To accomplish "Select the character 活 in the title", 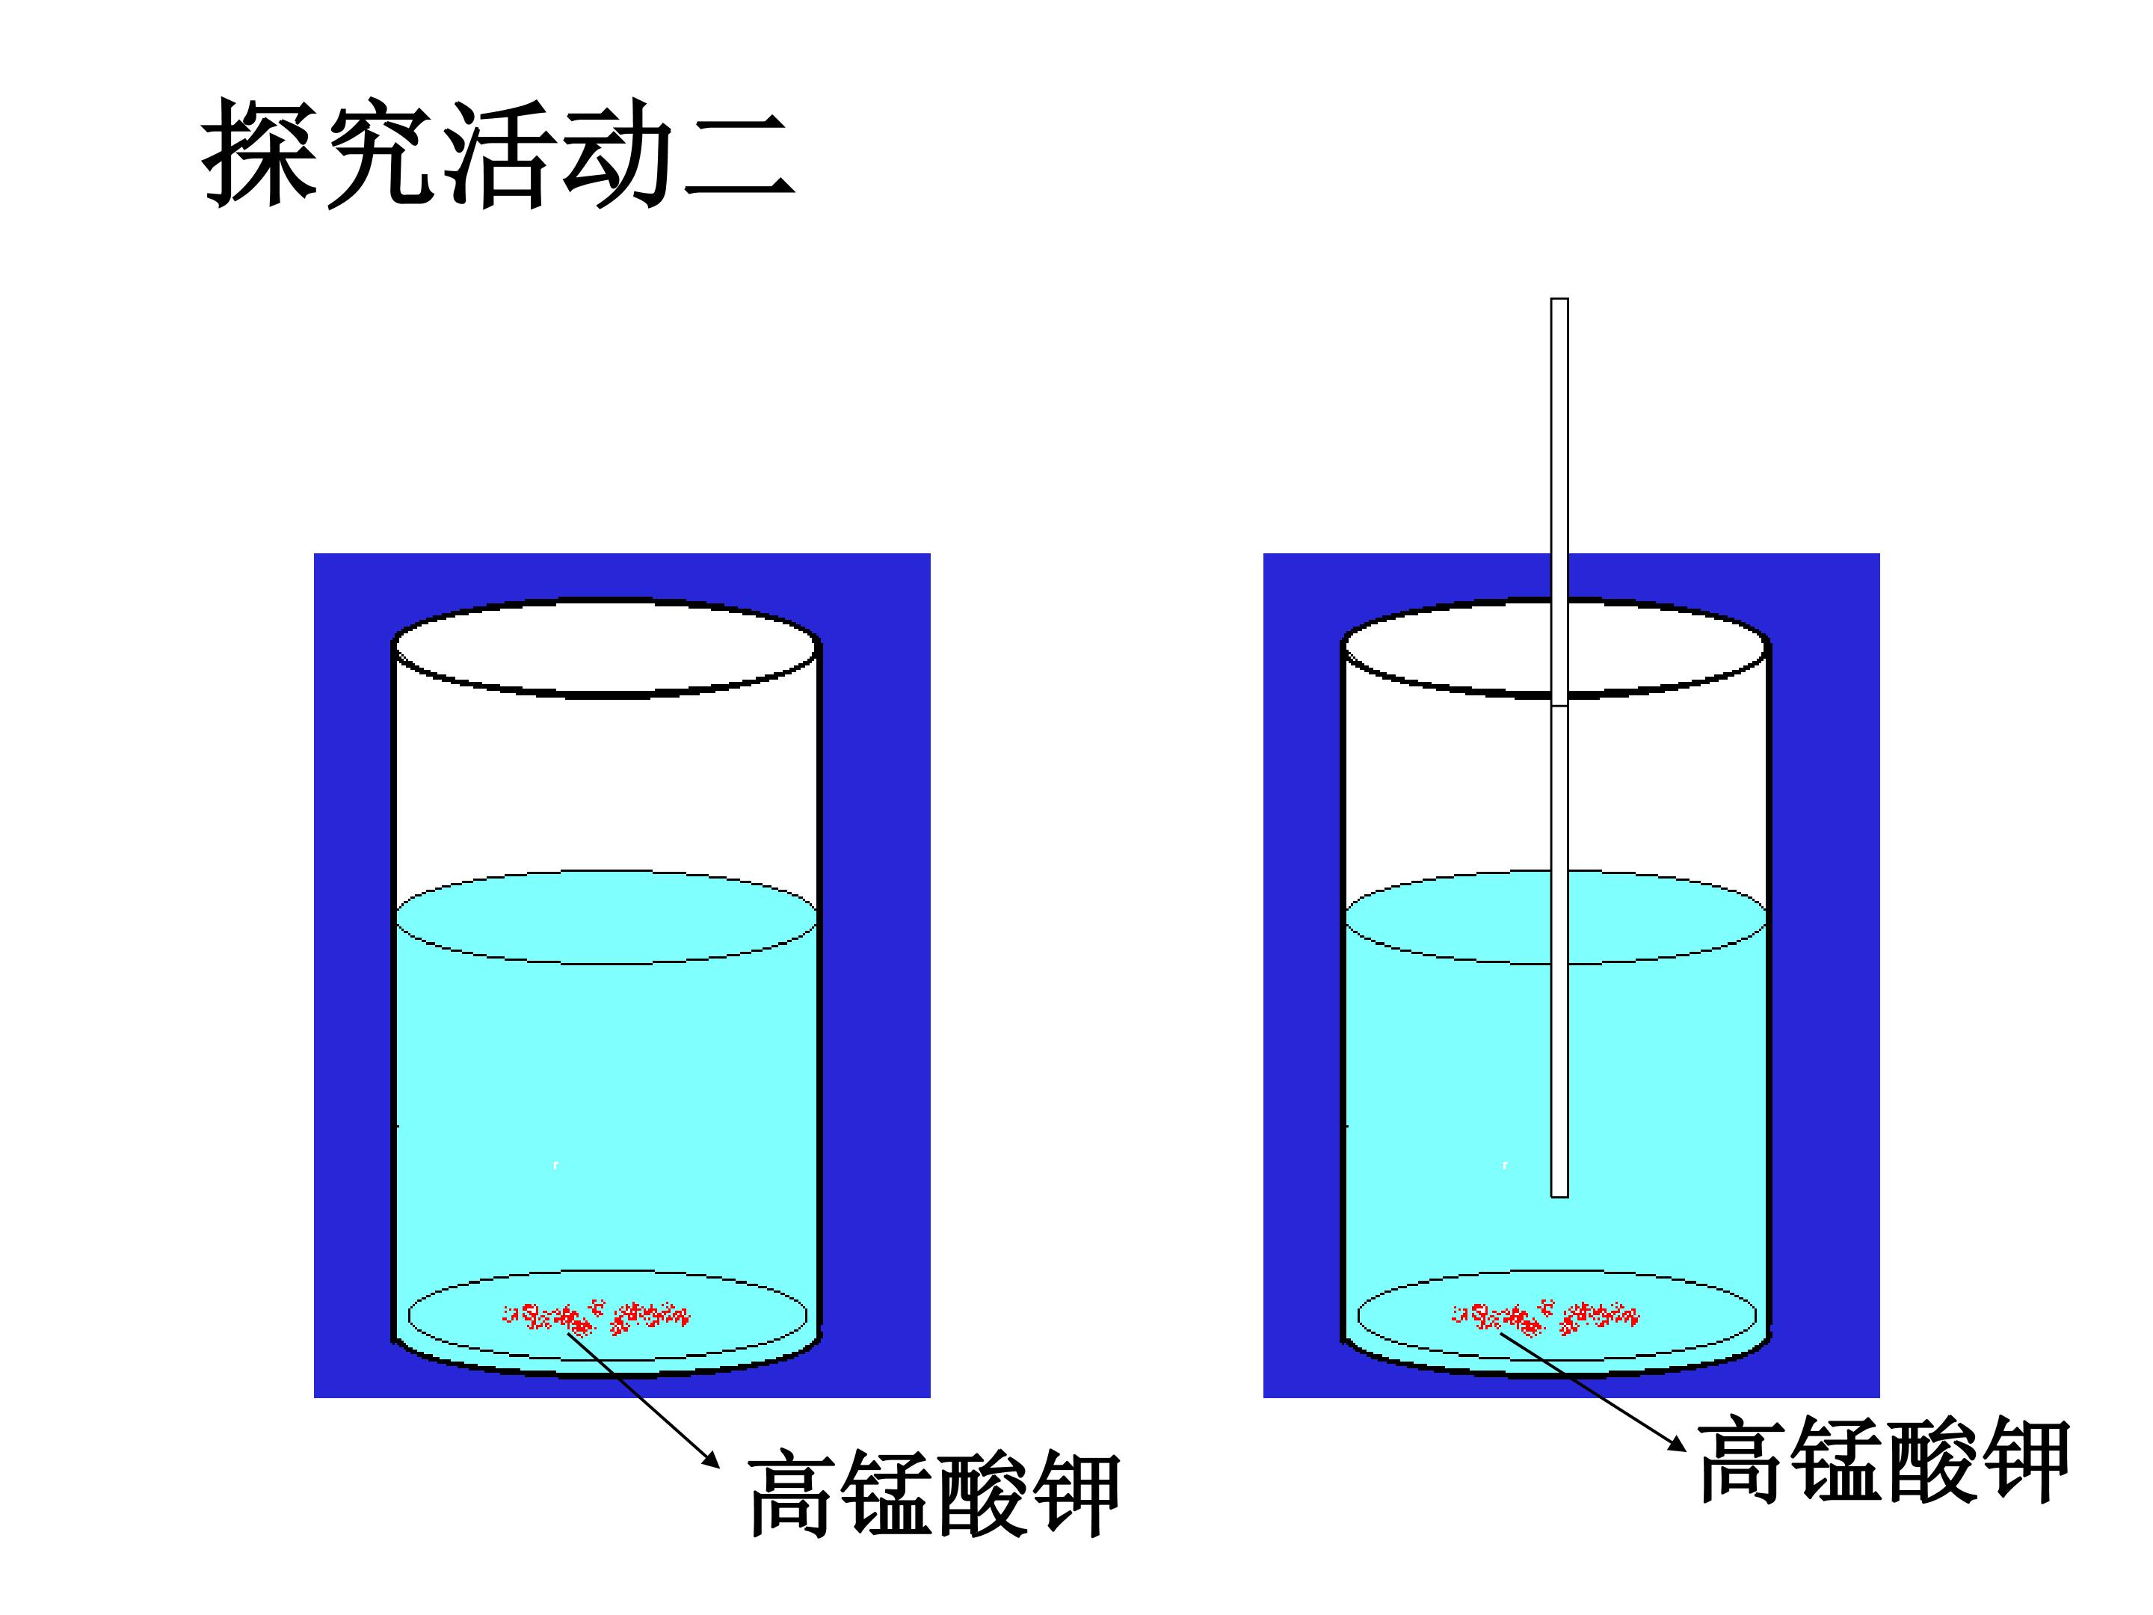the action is pyautogui.click(x=499, y=153).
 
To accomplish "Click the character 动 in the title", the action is pyautogui.click(x=619, y=153).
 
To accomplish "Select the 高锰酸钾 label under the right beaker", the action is pyautogui.click(x=1883, y=1460).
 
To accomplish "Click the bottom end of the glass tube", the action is pyautogui.click(x=1559, y=1196).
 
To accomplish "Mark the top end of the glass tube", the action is pyautogui.click(x=1559, y=299).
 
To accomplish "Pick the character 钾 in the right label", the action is pyautogui.click(x=2024, y=1460).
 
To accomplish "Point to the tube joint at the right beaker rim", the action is pyautogui.click(x=1559, y=705).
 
